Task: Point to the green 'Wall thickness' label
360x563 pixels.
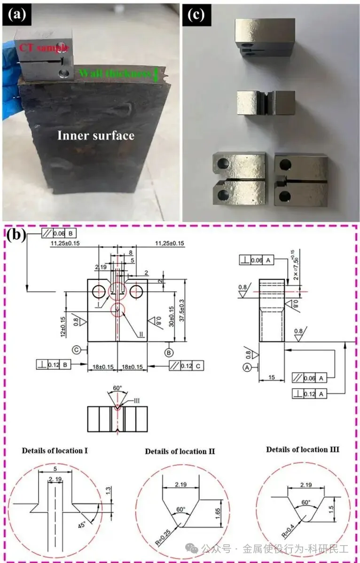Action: tap(110, 73)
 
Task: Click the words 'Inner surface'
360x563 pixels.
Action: tap(95, 136)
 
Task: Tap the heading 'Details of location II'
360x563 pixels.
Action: tap(180, 451)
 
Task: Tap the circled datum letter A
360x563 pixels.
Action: tap(248, 368)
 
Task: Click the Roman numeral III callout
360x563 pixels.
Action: tap(137, 400)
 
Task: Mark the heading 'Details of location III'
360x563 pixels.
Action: tap(303, 449)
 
